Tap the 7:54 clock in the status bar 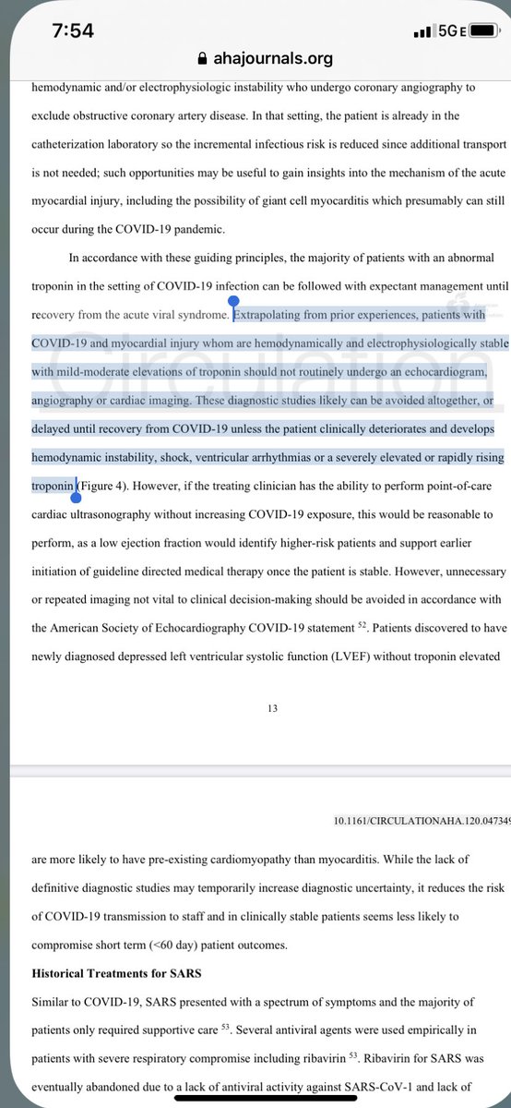[73, 30]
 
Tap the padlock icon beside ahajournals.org [204, 58]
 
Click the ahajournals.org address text [272, 58]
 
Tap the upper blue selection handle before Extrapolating [233, 302]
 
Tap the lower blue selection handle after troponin [76, 496]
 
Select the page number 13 [272, 709]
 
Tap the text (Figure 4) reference [109, 486]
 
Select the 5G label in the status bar [449, 31]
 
